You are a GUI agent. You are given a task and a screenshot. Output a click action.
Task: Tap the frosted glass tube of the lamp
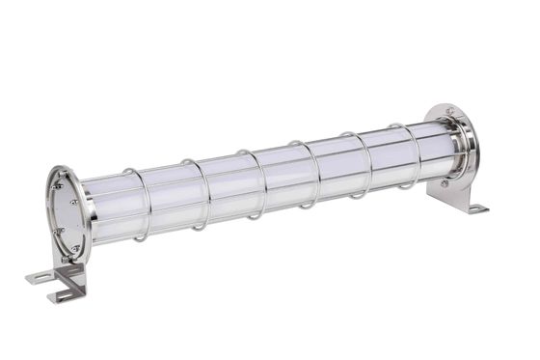[x=280, y=179]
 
